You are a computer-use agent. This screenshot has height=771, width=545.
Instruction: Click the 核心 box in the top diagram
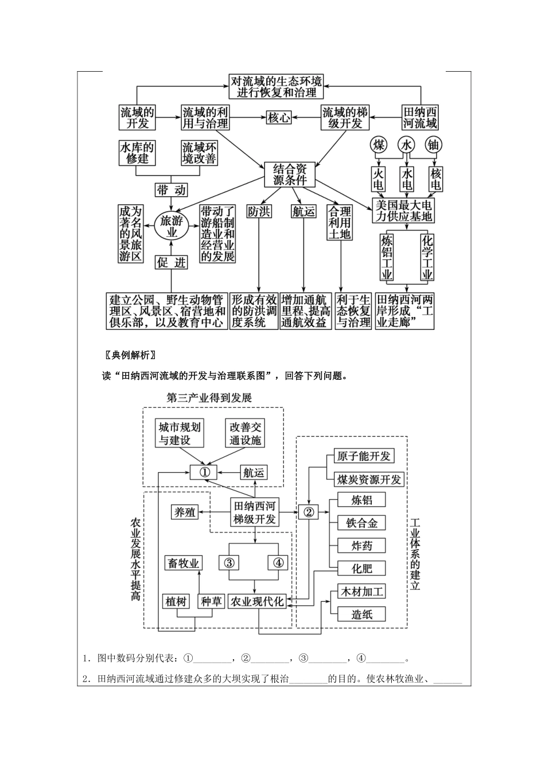[279, 118]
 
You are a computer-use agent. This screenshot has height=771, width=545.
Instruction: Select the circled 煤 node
[379, 145]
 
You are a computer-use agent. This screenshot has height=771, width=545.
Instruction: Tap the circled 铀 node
[433, 145]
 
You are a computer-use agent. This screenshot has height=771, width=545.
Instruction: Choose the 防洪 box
[259, 212]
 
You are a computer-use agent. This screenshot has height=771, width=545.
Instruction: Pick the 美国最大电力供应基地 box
[403, 211]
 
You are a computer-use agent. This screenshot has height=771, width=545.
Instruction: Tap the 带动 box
[172, 190]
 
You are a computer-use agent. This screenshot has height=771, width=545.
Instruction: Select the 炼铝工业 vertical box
[387, 256]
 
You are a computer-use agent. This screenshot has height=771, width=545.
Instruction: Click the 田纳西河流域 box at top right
[421, 118]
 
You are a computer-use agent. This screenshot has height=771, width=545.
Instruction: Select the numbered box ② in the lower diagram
[308, 512]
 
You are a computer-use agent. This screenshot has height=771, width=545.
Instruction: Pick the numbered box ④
[278, 562]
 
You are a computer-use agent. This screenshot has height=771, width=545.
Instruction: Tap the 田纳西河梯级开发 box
[254, 513]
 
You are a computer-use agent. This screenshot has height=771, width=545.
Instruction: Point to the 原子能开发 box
[364, 456]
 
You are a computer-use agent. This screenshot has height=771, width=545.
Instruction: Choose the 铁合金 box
[362, 523]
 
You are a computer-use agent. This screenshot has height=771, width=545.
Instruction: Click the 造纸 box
[362, 614]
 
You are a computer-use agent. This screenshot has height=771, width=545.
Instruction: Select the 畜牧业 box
[182, 563]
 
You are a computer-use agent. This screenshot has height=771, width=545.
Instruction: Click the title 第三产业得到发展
[209, 397]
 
